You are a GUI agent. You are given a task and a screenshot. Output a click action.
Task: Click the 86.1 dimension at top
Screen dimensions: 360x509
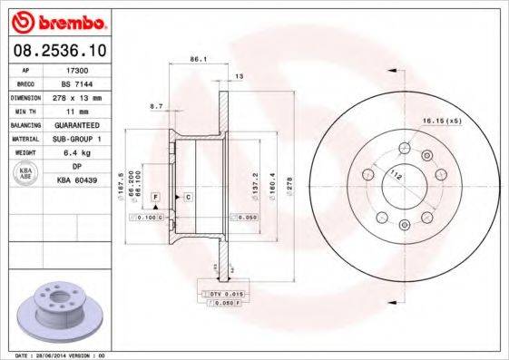click(x=194, y=59)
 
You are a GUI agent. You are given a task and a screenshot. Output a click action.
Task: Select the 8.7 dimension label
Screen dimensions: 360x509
click(x=155, y=107)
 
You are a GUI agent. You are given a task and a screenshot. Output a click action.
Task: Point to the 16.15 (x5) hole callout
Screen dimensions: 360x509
click(x=441, y=120)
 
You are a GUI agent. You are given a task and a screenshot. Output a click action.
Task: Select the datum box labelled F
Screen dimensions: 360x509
click(x=155, y=197)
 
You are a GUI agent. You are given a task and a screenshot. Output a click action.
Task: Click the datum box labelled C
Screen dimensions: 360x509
click(x=188, y=197)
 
